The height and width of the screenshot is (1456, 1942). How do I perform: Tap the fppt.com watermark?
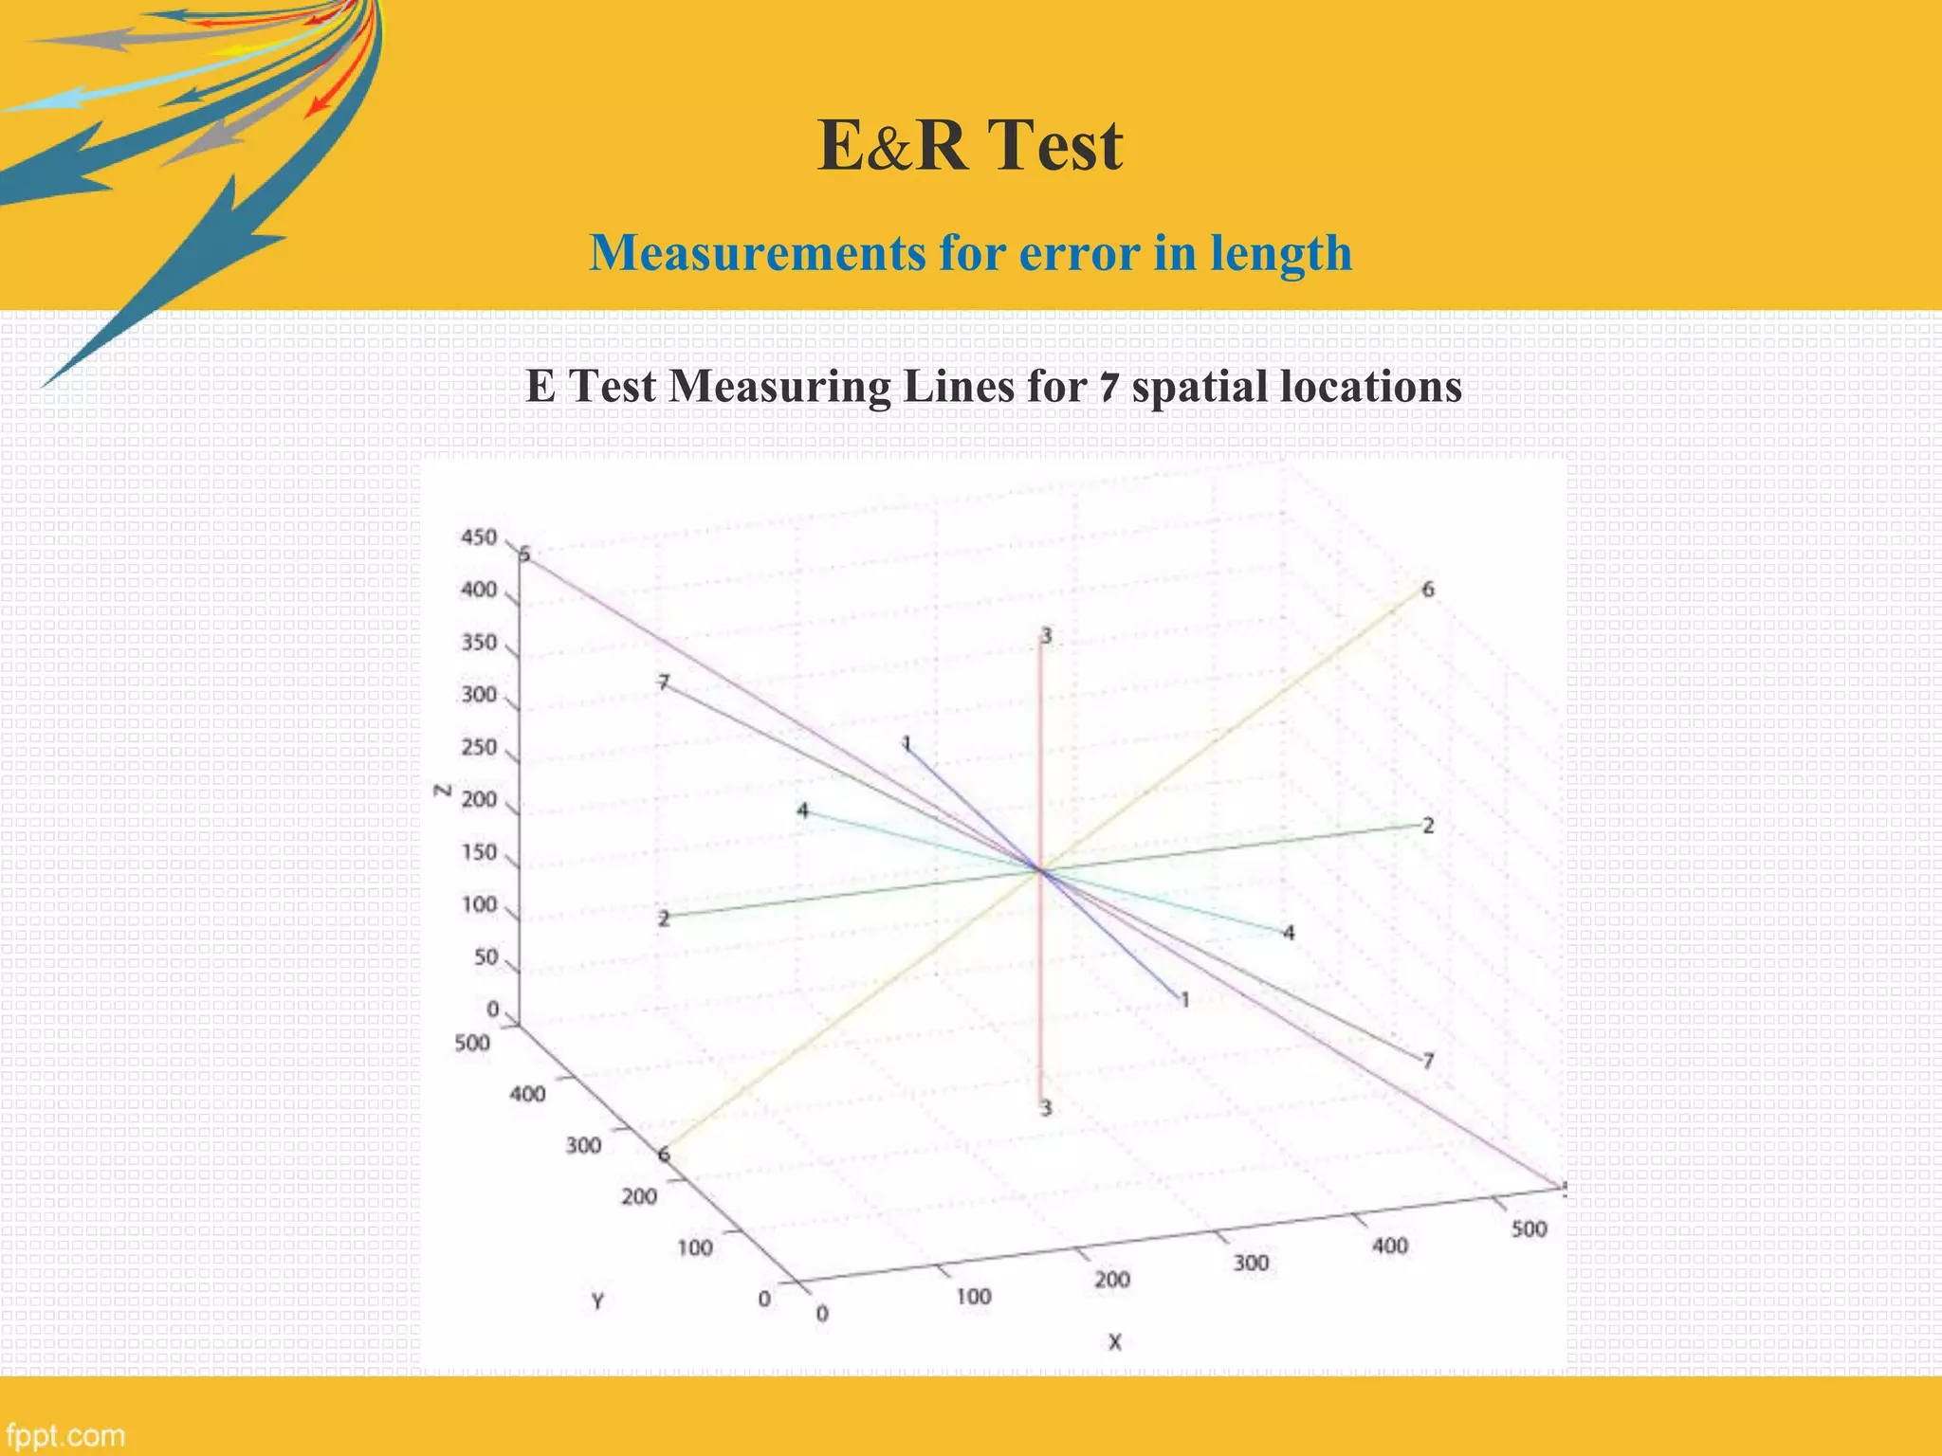[64, 1435]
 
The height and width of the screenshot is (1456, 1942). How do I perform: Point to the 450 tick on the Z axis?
[479, 537]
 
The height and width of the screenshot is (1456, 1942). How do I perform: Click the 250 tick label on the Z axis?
[479, 747]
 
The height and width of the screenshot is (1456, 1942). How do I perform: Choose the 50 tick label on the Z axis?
[485, 957]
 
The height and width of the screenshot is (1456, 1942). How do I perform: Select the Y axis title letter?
[597, 1301]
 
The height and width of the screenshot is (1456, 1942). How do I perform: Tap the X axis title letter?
[1115, 1342]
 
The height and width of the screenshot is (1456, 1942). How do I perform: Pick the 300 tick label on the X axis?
[1251, 1263]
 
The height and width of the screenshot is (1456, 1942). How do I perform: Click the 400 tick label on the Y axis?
[527, 1094]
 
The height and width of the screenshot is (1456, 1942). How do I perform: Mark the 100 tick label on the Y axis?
[695, 1247]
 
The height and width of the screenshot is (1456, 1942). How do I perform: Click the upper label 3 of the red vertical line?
[1046, 635]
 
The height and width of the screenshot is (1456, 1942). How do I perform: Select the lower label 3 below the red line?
[1046, 1108]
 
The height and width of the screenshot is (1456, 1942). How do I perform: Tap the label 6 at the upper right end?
[1428, 590]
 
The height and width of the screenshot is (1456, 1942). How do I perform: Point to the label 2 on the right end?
[1428, 826]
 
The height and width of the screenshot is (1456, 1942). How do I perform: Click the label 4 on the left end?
[803, 810]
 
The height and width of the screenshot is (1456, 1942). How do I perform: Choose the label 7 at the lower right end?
[1428, 1061]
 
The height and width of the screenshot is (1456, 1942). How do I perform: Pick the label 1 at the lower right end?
[1184, 999]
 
